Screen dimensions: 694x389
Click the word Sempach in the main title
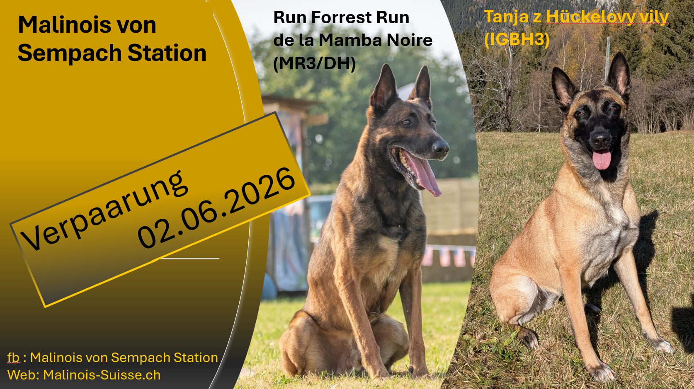tap(69, 53)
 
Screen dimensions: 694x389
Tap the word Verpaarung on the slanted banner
tap(104, 210)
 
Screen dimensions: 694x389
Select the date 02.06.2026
tap(216, 208)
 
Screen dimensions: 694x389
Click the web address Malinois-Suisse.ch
tap(102, 375)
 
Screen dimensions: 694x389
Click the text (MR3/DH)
tap(315, 64)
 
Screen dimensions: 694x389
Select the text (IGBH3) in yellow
tap(517, 40)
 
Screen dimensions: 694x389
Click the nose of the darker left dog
tap(440, 147)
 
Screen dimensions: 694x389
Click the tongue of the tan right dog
tap(602, 159)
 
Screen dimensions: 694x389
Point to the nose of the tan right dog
tap(600, 138)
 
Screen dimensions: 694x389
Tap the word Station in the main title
tap(167, 53)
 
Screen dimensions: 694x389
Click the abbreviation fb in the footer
tap(13, 358)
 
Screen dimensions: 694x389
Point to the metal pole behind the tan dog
tap(607, 59)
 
